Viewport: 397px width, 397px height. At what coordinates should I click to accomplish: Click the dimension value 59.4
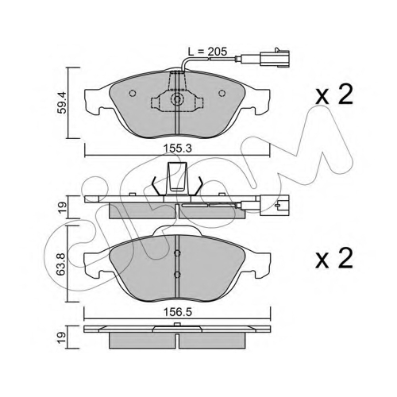62,103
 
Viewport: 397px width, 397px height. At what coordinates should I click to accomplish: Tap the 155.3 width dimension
177,148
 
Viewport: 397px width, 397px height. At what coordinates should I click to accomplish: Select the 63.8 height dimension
62,264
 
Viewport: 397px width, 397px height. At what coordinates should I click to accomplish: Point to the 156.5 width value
177,313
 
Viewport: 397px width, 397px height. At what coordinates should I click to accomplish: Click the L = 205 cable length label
207,52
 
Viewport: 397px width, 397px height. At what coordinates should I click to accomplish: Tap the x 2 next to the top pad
334,94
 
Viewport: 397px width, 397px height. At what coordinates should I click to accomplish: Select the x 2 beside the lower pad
334,258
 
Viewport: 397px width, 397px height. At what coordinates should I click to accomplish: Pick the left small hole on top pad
133,93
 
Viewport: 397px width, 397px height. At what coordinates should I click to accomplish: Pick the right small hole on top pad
222,93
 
